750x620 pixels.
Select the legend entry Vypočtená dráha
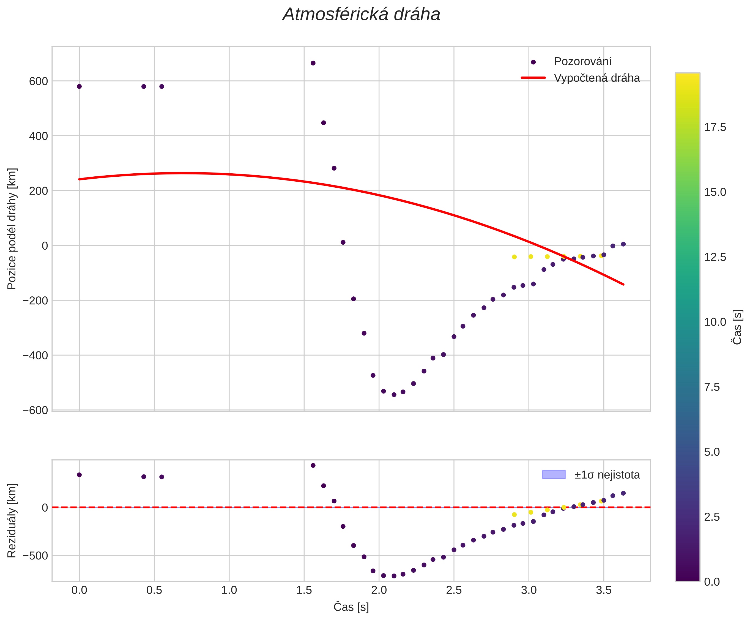pyautogui.click(x=596, y=78)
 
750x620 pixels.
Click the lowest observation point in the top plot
pyautogui.click(x=394, y=395)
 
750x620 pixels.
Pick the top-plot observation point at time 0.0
pyautogui.click(x=79, y=86)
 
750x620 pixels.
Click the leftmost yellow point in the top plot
pyautogui.click(x=514, y=257)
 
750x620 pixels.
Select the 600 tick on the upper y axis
pyautogui.click(x=38, y=81)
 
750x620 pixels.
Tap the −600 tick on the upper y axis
pyautogui.click(x=35, y=410)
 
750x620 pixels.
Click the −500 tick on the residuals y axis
pyautogui.click(x=35, y=555)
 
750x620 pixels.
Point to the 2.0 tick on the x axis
pyautogui.click(x=379, y=590)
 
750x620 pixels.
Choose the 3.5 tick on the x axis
pyautogui.click(x=603, y=590)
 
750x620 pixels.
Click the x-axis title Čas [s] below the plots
pyautogui.click(x=351, y=607)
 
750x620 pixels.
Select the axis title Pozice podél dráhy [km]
pyautogui.click(x=12, y=229)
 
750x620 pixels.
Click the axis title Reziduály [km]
pyautogui.click(x=12, y=520)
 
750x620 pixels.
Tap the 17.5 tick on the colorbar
pyautogui.click(x=715, y=127)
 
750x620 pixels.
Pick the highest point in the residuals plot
pyautogui.click(x=313, y=465)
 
